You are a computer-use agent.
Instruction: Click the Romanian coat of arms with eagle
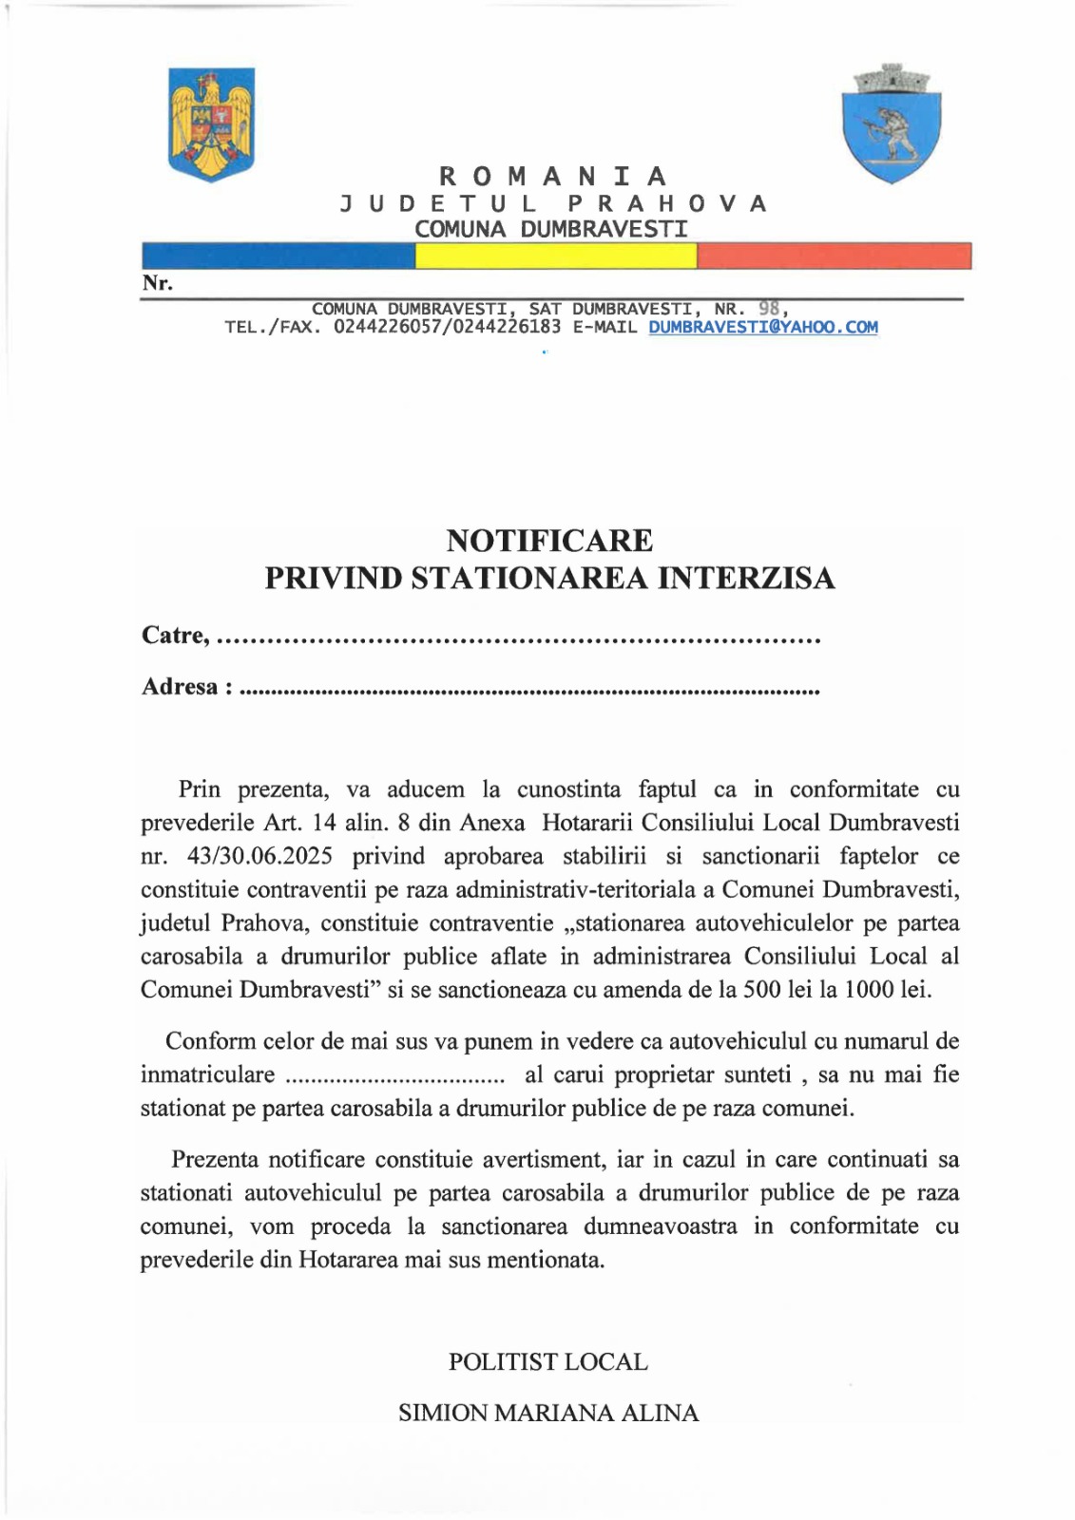point(211,123)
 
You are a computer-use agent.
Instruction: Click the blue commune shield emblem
point(891,123)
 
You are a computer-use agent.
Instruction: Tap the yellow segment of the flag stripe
point(556,256)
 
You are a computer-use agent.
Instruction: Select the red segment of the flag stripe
point(834,256)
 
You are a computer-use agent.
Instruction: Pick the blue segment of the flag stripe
point(278,256)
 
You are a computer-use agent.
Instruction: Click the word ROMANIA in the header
point(554,177)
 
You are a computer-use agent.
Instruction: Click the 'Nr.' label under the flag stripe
point(157,283)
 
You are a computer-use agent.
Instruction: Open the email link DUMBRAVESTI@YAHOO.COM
point(763,327)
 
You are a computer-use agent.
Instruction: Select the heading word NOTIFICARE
point(549,541)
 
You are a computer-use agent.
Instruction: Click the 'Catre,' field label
point(176,635)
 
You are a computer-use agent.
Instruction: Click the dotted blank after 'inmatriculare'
point(395,1075)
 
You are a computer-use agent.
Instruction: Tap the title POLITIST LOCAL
point(548,1361)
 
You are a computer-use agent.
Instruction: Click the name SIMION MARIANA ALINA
point(548,1413)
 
